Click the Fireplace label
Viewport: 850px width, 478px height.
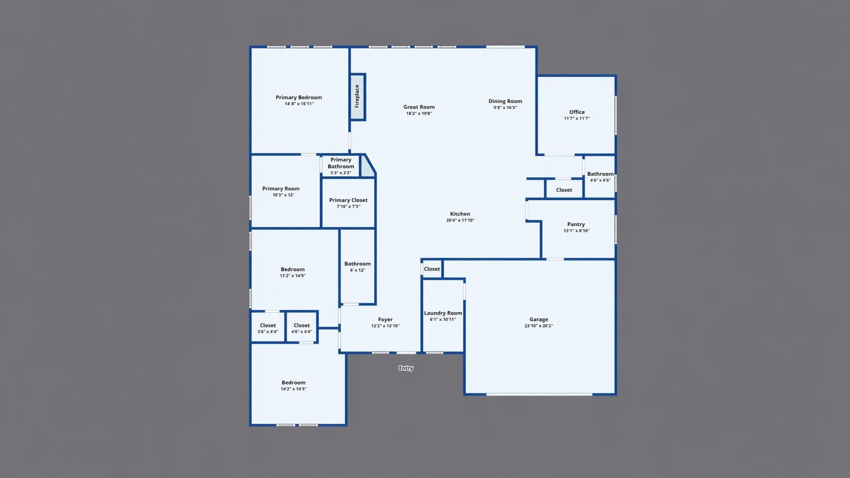357,96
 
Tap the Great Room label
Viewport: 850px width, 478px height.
419,107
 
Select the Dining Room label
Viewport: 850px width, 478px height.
505,101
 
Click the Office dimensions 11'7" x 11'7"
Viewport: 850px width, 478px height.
577,118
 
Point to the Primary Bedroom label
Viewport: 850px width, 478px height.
298,98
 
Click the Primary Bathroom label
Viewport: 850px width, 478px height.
341,163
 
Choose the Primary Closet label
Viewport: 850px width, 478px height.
348,200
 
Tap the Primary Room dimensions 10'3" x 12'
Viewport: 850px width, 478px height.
283,195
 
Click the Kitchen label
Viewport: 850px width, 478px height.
460,214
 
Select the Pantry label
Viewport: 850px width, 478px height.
576,225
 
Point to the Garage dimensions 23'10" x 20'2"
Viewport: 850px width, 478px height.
539,326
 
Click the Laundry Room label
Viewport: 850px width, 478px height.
443,313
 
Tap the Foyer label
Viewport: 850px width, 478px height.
385,320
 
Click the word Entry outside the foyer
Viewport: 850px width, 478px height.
406,368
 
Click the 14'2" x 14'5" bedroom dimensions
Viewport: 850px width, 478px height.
294,389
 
